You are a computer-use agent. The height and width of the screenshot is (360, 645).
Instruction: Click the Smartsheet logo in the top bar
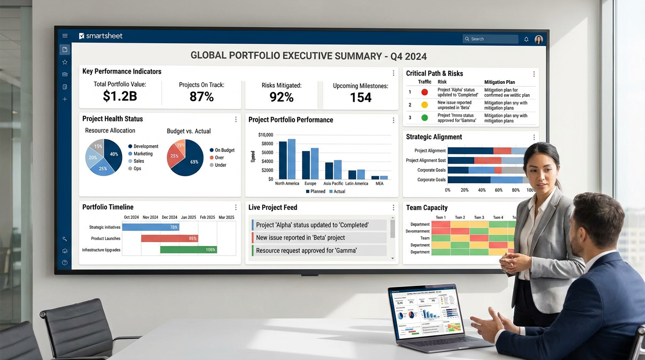101,36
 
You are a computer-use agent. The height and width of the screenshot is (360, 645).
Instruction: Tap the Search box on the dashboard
490,39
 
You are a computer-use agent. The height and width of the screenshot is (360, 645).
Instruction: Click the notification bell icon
526,39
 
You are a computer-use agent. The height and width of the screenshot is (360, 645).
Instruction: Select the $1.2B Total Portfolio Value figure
120,96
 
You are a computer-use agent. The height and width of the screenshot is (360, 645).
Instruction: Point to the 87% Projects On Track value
202,97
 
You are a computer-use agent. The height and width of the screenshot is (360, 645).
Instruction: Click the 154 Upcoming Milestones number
360,97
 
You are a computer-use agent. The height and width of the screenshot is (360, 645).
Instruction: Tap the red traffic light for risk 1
424,92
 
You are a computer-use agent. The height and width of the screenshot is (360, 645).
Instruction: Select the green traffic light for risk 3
424,118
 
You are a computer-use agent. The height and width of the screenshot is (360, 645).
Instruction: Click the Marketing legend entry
143,154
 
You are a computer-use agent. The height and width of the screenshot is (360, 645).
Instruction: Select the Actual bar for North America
292,159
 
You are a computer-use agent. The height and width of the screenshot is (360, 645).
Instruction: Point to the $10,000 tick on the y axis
265,135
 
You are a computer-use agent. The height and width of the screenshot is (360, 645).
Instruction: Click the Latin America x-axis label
357,183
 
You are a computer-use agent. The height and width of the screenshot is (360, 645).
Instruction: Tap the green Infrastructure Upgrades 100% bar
188,250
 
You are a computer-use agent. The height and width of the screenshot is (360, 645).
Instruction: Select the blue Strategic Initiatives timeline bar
150,227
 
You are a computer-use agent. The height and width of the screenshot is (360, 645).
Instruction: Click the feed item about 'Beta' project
319,238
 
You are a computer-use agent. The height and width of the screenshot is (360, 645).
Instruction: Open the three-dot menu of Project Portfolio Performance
393,120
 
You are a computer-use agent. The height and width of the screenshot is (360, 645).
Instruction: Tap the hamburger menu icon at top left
65,36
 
